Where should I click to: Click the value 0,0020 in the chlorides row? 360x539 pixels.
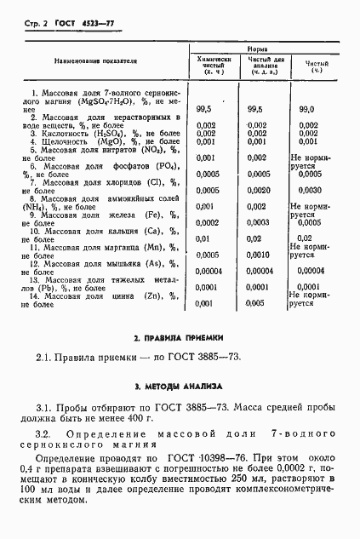pos(259,190)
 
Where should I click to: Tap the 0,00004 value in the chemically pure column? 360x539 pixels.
pos(210,270)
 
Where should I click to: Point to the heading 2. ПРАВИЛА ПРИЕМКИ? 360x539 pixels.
pos(179,339)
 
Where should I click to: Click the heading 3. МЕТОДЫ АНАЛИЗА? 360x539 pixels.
pos(179,386)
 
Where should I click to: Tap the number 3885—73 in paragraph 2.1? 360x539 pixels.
pos(213,356)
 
